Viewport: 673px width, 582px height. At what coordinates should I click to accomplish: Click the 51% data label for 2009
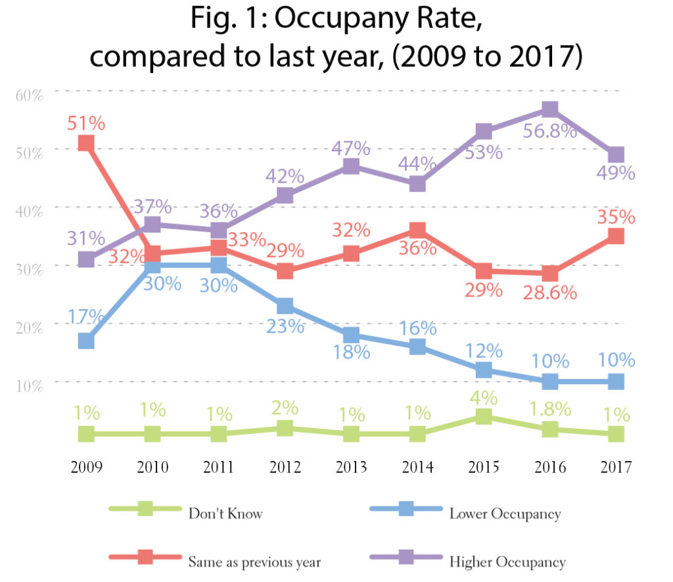pos(86,123)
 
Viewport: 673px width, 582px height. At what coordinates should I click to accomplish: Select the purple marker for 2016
pos(550,109)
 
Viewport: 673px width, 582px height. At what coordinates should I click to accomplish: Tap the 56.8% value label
pos(549,131)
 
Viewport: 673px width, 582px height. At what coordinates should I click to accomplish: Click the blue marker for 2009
pos(86,341)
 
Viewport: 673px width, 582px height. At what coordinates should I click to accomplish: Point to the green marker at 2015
pos(484,416)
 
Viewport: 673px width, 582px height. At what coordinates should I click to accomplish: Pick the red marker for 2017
pos(616,236)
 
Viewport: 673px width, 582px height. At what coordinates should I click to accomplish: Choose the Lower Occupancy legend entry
pos(505,513)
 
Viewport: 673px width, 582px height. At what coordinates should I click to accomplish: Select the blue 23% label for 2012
pos(285,326)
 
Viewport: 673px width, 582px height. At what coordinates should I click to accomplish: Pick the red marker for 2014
pos(417,230)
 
